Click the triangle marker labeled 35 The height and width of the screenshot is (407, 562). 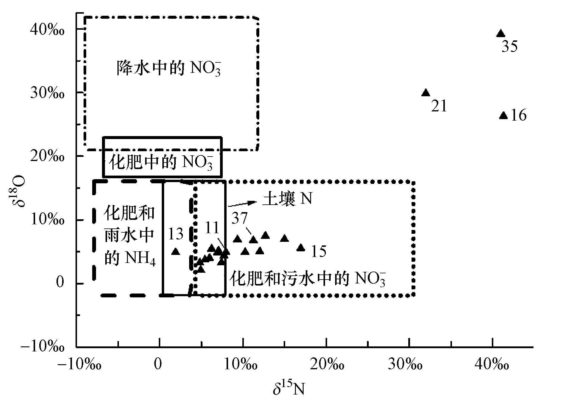(501, 34)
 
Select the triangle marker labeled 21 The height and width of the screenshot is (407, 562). (426, 93)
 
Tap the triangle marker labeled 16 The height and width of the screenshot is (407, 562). (503, 116)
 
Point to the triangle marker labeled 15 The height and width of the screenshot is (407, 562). (301, 247)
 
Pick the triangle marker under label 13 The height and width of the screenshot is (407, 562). (176, 252)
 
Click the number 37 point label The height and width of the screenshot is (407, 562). (240, 218)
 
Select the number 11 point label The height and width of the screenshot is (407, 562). (212, 228)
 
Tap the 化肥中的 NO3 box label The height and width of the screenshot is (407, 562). (162, 163)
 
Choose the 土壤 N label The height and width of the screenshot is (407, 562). (287, 199)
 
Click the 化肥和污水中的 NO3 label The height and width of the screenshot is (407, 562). (308, 279)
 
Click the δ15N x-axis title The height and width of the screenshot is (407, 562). (289, 389)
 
